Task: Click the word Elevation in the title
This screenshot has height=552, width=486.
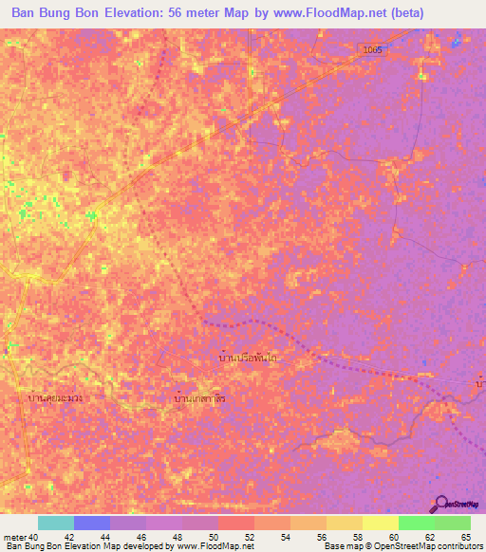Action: coord(145,12)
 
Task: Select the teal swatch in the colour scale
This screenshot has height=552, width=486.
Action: coord(56,523)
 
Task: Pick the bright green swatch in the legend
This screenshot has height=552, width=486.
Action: coord(417,523)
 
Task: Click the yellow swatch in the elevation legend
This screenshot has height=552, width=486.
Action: coord(381,523)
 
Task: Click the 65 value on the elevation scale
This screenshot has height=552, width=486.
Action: coord(465,536)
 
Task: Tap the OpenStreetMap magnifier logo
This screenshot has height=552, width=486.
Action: coord(442,504)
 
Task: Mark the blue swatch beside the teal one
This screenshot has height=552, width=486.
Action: coord(92,523)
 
